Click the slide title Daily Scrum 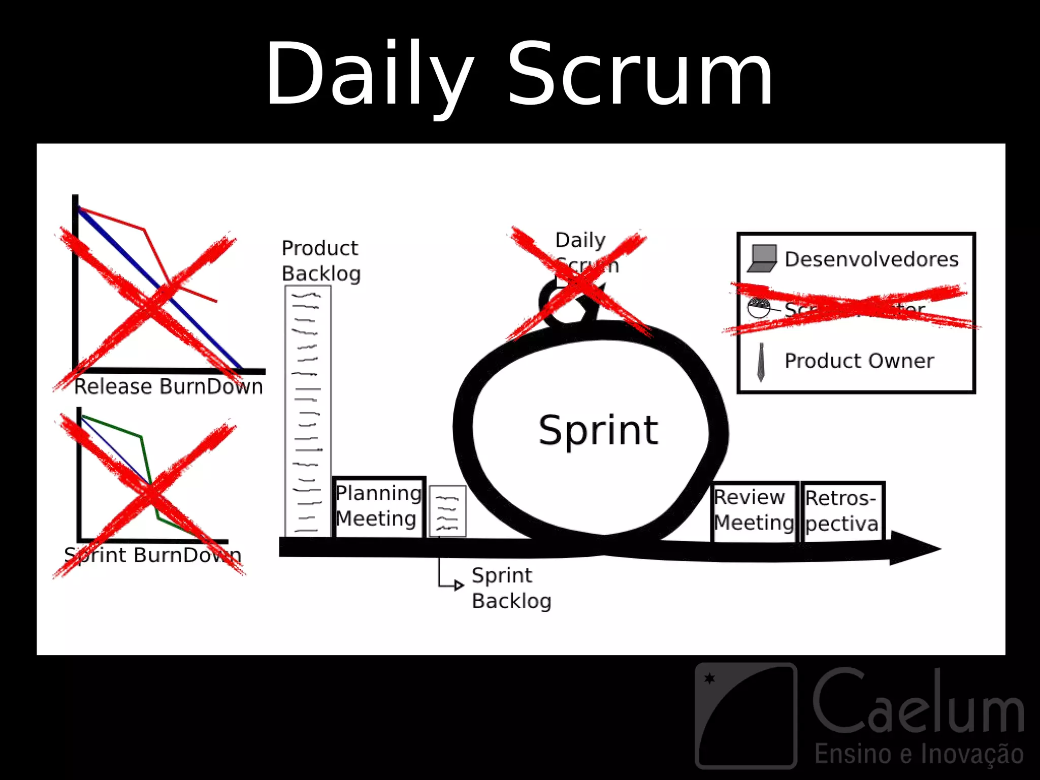519,75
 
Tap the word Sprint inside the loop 598,431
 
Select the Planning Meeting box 379,506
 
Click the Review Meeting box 754,510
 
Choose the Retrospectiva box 842,511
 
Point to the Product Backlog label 321,261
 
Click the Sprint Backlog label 511,588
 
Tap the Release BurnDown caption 169,387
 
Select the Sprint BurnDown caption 152,555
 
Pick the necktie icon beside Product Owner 761,362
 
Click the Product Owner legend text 859,361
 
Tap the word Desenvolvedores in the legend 871,259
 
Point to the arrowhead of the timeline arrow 914,548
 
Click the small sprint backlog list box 447,511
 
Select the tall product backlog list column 308,411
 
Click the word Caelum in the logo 918,703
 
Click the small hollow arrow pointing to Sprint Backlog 459,586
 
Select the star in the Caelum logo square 710,678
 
